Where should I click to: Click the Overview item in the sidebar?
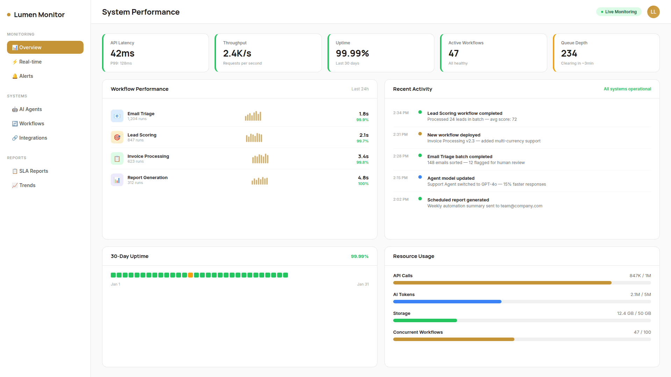coord(45,47)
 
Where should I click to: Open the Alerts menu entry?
coord(26,76)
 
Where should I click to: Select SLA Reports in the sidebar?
coord(34,171)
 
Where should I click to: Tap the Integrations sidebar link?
coord(33,138)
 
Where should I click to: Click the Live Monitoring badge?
coord(619,12)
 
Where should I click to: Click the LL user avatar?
coord(653,12)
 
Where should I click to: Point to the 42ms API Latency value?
coord(122,53)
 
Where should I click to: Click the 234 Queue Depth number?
coord(569,53)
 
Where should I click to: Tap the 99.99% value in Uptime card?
coord(352,53)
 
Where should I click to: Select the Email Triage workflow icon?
coord(117,116)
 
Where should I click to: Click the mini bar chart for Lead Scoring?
coord(254,138)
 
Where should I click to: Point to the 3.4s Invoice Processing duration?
coord(363,156)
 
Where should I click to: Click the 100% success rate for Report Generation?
coord(363,184)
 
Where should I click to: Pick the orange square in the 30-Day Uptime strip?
coord(190,275)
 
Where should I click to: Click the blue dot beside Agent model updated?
coord(420,177)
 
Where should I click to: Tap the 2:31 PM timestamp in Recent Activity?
coord(400,134)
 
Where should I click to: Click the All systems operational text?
coord(627,89)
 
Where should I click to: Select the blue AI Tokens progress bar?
coord(447,302)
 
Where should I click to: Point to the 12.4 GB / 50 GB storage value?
coord(634,313)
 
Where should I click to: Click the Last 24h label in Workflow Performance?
coord(360,89)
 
